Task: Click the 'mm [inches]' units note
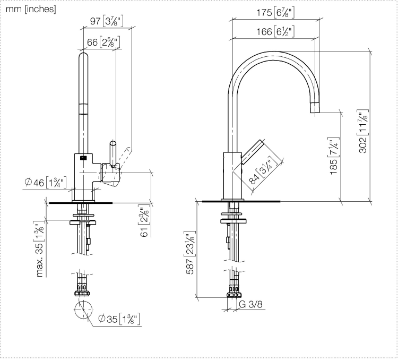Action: [x=31, y=9]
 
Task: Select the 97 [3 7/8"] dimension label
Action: [x=107, y=21]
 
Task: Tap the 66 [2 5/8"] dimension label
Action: [x=103, y=42]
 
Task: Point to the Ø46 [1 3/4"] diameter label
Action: [x=46, y=182]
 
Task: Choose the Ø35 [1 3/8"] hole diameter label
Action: [x=119, y=319]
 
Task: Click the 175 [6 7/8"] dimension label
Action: [x=275, y=12]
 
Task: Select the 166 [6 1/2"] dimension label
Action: [x=275, y=31]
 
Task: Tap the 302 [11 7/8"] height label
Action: [x=363, y=131]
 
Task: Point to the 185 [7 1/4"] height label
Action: [x=334, y=156]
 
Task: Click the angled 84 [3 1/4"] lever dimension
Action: [x=261, y=170]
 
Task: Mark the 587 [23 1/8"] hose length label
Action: [x=190, y=253]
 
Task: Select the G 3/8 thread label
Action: [x=250, y=304]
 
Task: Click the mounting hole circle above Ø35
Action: [x=83, y=310]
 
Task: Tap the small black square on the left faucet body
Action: [x=83, y=158]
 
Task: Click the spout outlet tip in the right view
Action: [x=315, y=108]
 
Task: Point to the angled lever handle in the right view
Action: [x=253, y=152]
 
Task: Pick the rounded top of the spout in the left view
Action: [x=83, y=56]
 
